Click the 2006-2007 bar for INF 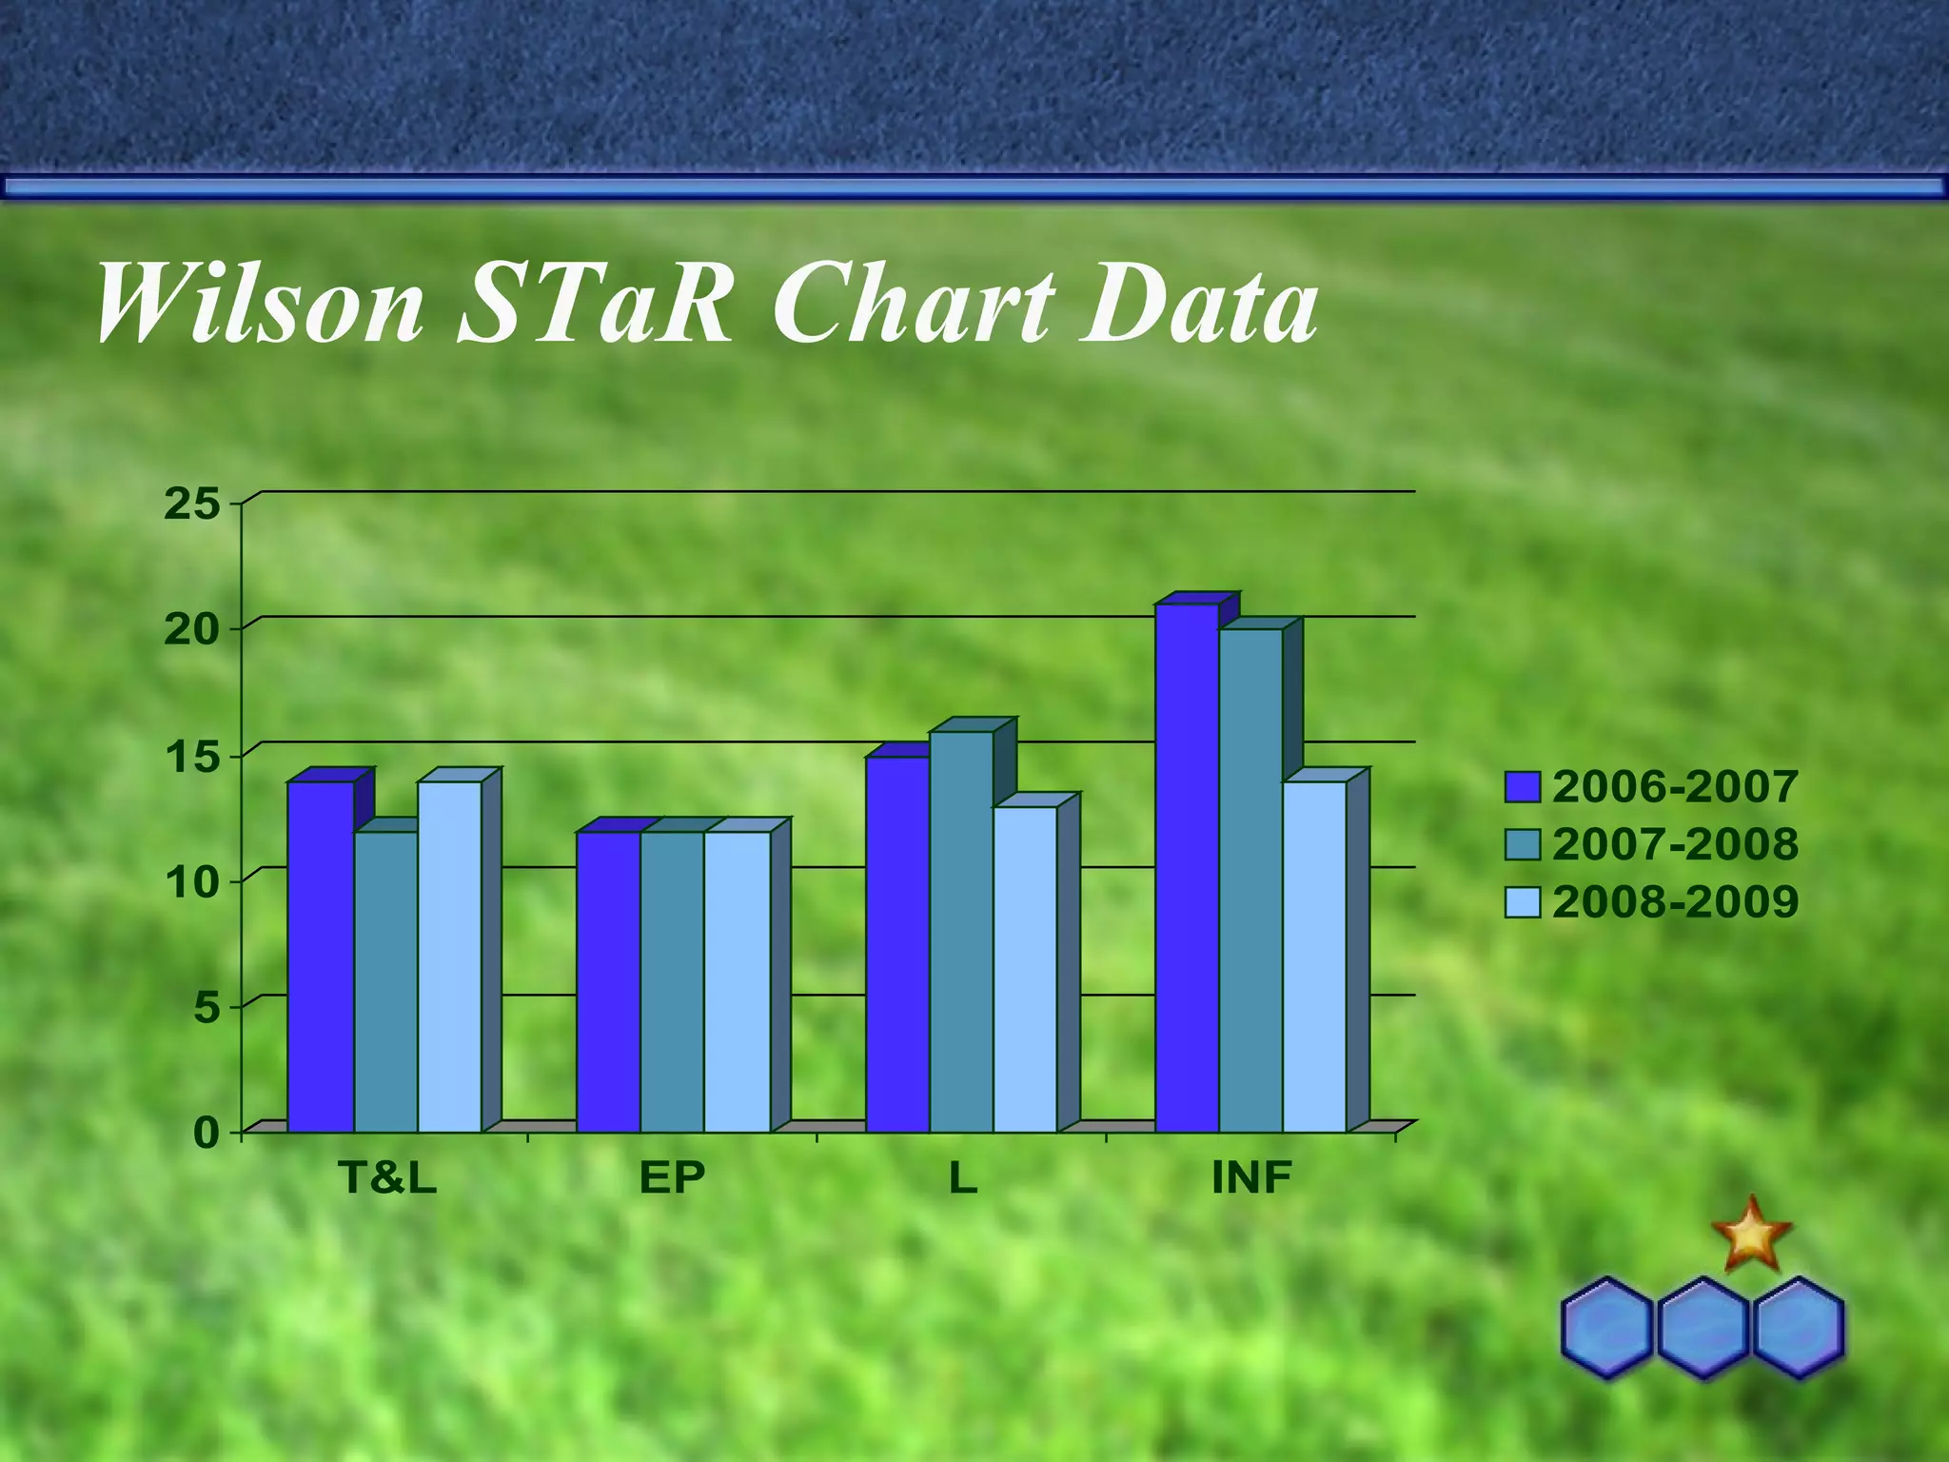coord(1187,866)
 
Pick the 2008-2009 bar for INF coord(1314,956)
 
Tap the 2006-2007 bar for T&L coord(321,956)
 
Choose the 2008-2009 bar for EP coord(737,980)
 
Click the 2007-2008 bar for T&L coord(385,980)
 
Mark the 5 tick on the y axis coord(207,1007)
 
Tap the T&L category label coord(388,1178)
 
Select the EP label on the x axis coord(672,1178)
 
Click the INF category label coord(1251,1178)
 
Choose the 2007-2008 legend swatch coord(1522,844)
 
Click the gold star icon coord(1751,1235)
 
